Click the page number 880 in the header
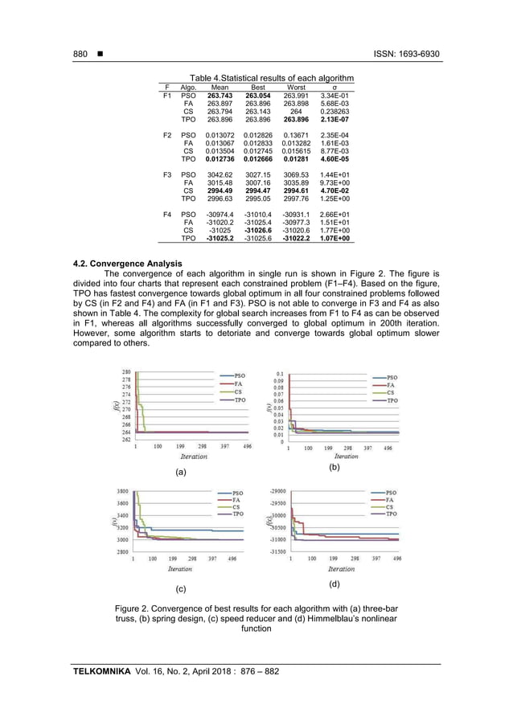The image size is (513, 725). click(80, 54)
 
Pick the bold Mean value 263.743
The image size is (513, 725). click(220, 96)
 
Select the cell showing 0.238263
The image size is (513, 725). click(335, 112)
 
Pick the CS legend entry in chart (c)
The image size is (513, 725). click(236, 507)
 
